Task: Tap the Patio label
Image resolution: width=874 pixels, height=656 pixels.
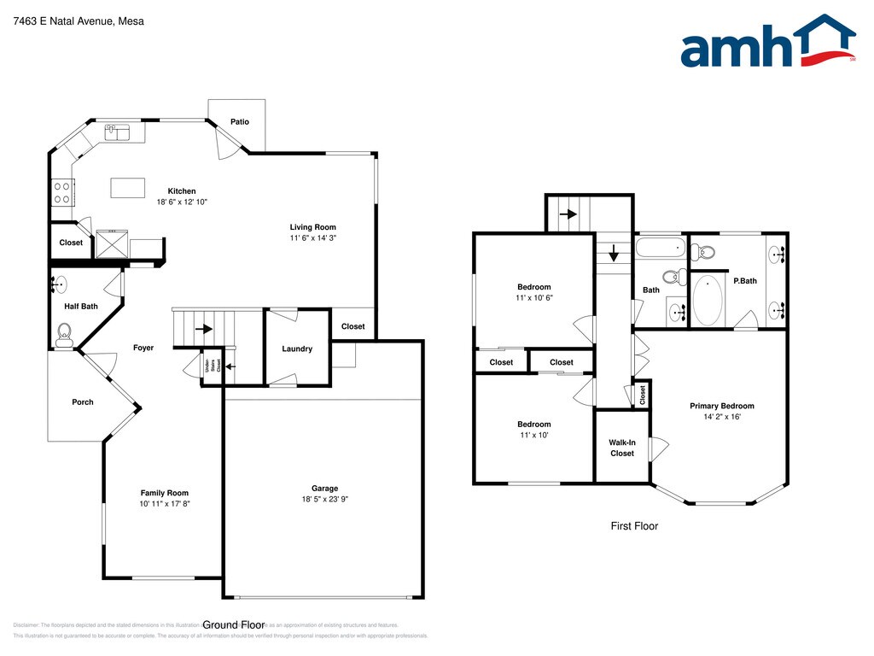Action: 240,122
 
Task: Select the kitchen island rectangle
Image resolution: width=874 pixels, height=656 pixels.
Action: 126,187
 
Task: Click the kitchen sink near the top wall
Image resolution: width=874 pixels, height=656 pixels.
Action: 116,132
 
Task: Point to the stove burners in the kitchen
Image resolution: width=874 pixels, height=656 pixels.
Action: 61,192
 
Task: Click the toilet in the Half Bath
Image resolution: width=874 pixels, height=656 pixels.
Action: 64,332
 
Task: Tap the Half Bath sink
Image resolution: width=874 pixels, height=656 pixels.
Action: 61,283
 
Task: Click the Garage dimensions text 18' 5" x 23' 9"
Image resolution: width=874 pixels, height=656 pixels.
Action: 324,500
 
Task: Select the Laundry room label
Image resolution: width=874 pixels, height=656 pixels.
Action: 297,348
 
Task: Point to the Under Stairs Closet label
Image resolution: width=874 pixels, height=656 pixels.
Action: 213,365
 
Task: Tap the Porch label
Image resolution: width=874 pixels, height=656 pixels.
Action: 83,402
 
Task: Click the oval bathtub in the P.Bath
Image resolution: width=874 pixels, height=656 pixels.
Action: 707,300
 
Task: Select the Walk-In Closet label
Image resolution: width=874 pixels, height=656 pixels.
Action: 622,448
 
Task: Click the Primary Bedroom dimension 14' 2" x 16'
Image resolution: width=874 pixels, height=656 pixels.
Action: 721,418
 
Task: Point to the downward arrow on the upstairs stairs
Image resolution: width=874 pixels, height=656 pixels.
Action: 613,254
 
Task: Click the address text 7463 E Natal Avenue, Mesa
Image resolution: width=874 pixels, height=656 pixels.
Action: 79,21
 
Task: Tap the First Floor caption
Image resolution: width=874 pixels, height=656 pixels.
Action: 634,526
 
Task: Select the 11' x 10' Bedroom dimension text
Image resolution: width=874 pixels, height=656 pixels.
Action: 533,436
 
